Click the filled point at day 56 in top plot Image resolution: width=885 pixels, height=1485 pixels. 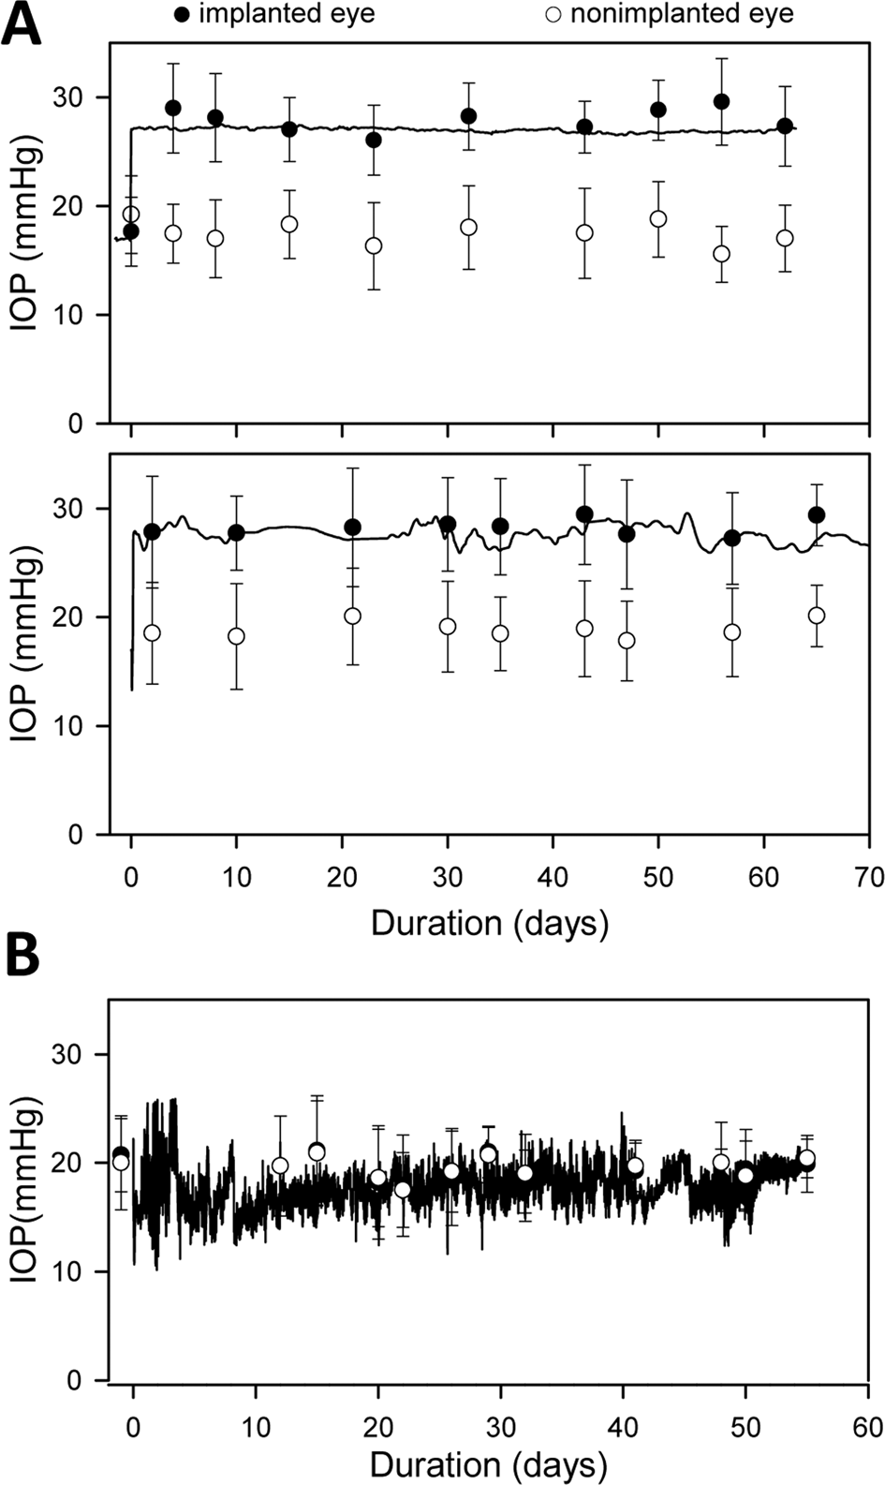click(x=721, y=101)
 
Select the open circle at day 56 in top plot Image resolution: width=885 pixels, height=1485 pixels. click(x=721, y=254)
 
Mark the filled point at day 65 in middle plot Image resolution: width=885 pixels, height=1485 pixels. click(x=817, y=514)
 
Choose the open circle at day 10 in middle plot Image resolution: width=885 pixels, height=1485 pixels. click(x=236, y=636)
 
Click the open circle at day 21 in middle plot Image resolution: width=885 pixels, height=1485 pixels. click(x=352, y=616)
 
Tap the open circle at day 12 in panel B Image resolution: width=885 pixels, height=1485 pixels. click(x=280, y=1166)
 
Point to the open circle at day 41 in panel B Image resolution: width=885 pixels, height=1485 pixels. click(x=636, y=1166)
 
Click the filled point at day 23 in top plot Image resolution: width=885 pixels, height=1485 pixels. click(x=374, y=140)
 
